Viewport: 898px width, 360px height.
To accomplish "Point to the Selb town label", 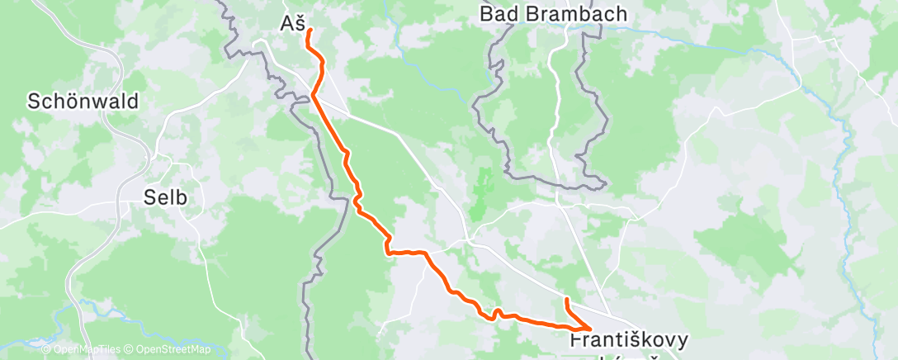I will tap(166, 198).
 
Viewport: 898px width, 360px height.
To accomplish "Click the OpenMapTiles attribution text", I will tap(87, 350).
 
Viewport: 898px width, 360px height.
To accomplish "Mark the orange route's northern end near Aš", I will tap(309, 31).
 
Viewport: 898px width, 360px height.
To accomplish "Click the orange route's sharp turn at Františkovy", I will tap(590, 328).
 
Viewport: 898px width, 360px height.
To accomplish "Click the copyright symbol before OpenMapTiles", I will tap(47, 350).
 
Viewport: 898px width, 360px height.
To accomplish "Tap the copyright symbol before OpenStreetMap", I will tap(130, 350).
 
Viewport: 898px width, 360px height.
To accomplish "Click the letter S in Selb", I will tap(149, 198).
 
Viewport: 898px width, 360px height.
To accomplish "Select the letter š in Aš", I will tap(301, 24).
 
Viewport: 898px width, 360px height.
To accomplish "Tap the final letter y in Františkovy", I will tap(681, 341).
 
